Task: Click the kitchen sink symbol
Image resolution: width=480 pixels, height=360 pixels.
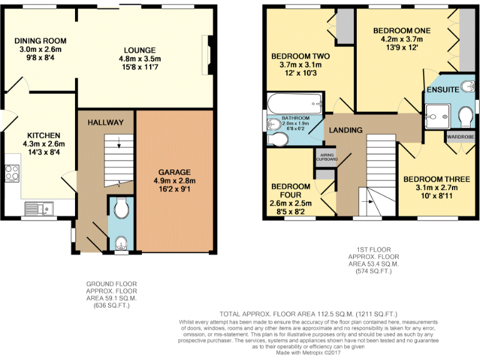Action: coord(37,208)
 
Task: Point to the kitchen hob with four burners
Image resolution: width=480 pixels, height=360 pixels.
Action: coord(11,172)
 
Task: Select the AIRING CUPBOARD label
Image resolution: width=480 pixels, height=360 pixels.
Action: coord(328,157)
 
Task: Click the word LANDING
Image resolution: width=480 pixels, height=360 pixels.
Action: coord(346,130)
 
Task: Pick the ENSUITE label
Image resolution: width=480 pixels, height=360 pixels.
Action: coord(442,91)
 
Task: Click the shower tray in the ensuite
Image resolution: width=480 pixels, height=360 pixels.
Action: coord(436,115)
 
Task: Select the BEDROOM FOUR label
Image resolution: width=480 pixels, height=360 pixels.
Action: coord(291,191)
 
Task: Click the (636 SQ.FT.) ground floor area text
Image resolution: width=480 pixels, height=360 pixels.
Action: coord(111,306)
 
